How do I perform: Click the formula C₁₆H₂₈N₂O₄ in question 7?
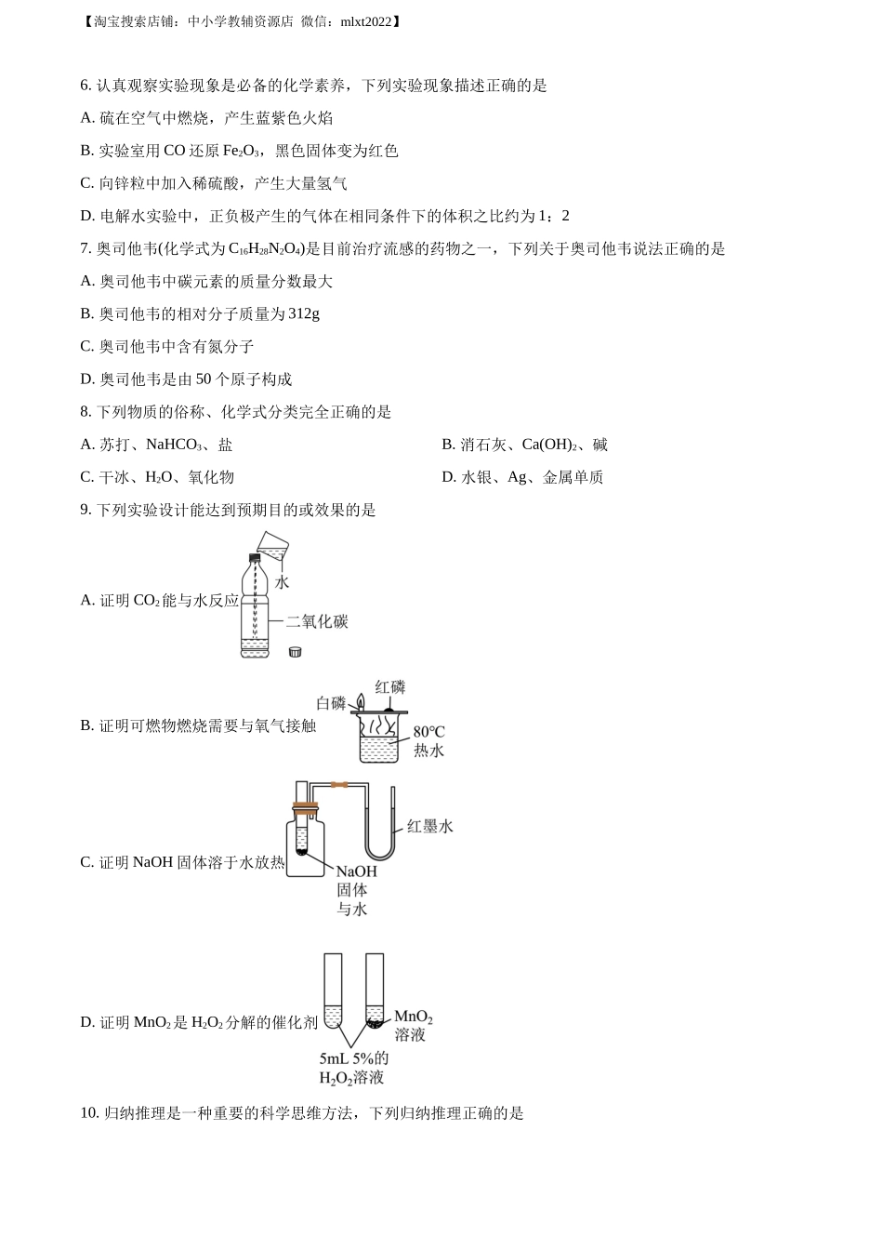(x=266, y=249)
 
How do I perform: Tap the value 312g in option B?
(x=304, y=313)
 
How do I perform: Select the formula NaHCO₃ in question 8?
(x=174, y=445)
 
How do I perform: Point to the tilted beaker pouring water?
(x=272, y=545)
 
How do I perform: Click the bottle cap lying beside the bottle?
(x=295, y=651)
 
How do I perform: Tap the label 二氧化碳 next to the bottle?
(x=317, y=621)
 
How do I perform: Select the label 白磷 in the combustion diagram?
(x=331, y=703)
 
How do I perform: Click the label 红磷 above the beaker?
(x=389, y=687)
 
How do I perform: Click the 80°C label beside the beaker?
(x=428, y=732)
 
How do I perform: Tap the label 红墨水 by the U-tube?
(x=430, y=826)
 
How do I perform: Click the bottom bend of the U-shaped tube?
(x=380, y=858)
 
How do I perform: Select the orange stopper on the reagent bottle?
(x=306, y=805)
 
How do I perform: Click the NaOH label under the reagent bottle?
(x=356, y=871)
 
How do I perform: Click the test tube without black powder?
(x=333, y=991)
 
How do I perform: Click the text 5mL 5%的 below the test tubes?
(x=354, y=1058)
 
